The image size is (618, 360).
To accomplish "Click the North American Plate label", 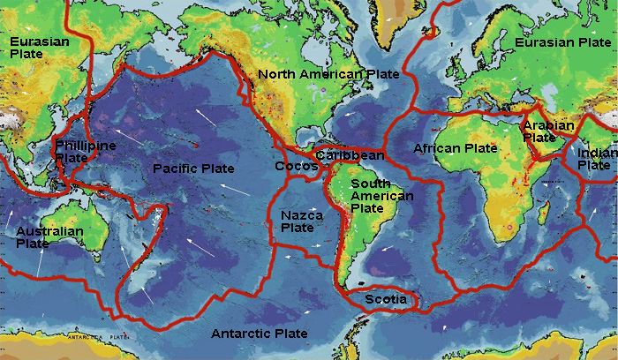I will (x=328, y=74).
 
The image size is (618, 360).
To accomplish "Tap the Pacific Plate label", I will (x=193, y=169).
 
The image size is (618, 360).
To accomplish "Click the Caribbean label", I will (x=350, y=155).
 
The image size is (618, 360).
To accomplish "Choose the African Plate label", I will (x=456, y=148).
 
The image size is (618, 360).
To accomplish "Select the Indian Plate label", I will (x=597, y=159).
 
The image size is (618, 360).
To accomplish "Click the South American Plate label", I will (x=381, y=196).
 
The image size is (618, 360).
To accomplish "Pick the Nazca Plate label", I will (x=302, y=221).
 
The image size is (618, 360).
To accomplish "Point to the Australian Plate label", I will (x=49, y=237).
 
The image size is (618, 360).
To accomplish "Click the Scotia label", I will (x=386, y=300).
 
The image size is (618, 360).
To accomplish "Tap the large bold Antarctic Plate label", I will (x=260, y=334).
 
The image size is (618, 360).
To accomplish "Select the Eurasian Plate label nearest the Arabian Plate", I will (x=562, y=41).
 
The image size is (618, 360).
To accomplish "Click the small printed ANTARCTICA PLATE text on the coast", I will (x=88, y=336).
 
